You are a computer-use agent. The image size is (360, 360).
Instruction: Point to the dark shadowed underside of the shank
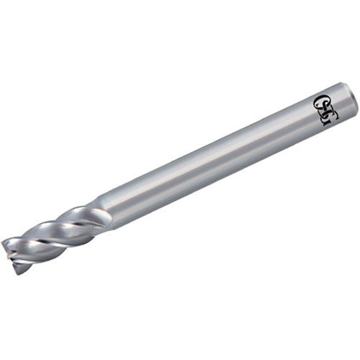click(216, 173)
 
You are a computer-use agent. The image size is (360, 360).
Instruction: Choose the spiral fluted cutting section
click(54, 238)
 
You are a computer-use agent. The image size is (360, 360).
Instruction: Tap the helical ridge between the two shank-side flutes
click(65, 220)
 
